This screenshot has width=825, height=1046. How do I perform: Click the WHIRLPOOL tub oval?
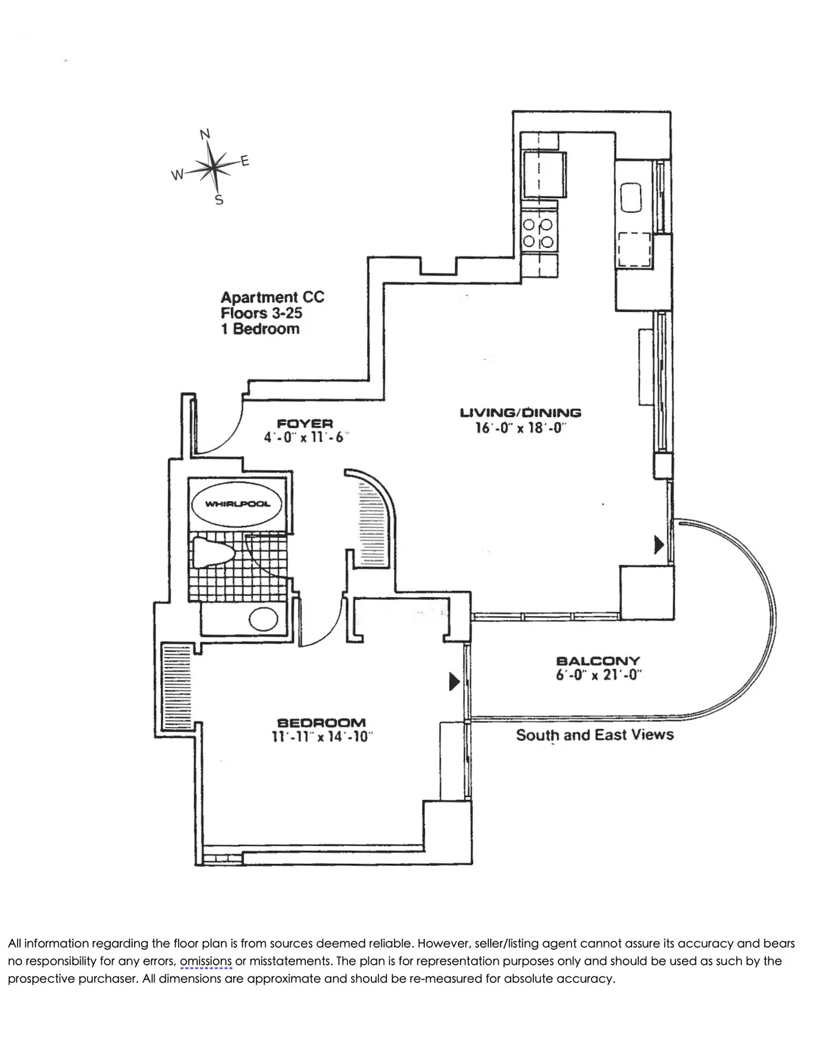click(x=238, y=504)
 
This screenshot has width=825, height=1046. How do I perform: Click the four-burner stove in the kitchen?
click(x=539, y=232)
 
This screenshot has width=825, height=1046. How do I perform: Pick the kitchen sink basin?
click(x=632, y=197)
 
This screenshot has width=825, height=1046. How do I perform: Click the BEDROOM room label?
click(x=321, y=722)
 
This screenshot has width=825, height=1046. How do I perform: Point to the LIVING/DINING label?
click(x=520, y=412)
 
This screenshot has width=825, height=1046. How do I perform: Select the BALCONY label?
click(x=597, y=660)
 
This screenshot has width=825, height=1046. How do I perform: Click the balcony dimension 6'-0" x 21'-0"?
click(x=597, y=675)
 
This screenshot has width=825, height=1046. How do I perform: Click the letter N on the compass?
click(x=205, y=134)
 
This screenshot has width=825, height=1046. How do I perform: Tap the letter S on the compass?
click(x=219, y=201)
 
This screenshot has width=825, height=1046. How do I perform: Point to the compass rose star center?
click(x=215, y=166)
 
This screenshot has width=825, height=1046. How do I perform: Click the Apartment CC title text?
click(x=272, y=298)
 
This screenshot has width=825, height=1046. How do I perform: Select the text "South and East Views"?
click(x=595, y=735)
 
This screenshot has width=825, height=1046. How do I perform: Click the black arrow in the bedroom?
click(x=454, y=681)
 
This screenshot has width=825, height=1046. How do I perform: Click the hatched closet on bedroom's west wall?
click(x=175, y=688)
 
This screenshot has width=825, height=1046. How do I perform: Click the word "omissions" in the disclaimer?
click(x=206, y=961)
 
